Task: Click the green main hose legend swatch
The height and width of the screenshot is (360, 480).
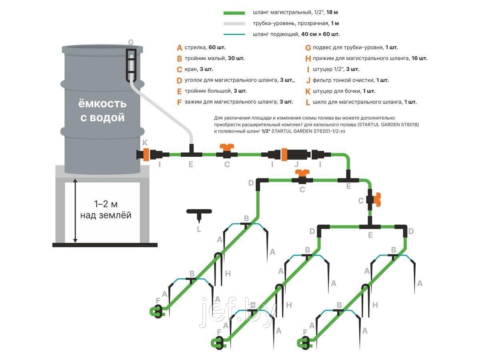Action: click(234, 13)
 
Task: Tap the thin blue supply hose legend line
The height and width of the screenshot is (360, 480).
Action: click(234, 34)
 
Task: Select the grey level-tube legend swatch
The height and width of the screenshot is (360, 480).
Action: click(234, 24)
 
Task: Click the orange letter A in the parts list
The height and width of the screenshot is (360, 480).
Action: click(179, 48)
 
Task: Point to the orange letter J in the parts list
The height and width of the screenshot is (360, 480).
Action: click(308, 80)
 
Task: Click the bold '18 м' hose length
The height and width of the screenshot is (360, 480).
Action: click(332, 12)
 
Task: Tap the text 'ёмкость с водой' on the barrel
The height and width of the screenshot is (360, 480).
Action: click(102, 111)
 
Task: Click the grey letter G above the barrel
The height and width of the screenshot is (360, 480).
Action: click(131, 42)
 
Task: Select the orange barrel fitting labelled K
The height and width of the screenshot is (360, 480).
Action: click(146, 154)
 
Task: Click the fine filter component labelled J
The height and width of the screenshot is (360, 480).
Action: click(295, 154)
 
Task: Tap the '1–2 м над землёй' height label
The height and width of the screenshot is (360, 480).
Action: click(106, 210)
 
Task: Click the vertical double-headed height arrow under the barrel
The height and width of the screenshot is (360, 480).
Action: click(75, 210)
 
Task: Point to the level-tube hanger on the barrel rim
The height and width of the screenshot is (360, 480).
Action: click(131, 65)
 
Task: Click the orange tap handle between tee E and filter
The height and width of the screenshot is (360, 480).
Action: click(227, 146)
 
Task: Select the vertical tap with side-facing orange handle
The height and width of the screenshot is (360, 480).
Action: click(374, 200)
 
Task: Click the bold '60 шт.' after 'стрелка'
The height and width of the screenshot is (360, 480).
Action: click(217, 48)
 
